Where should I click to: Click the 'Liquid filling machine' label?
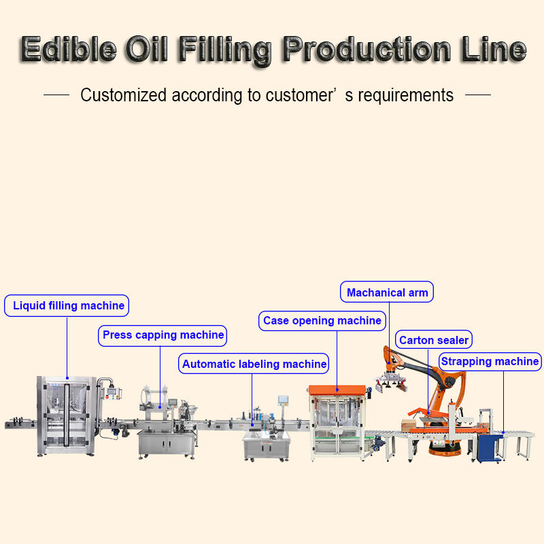(x=67, y=305)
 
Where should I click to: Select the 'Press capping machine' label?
(x=163, y=335)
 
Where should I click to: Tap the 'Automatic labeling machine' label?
(x=254, y=364)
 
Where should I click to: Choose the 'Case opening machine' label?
(x=322, y=320)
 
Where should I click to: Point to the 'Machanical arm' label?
(x=387, y=292)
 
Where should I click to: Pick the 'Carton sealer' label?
(x=434, y=339)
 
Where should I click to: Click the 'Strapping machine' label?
(x=490, y=362)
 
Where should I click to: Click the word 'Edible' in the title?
(x=69, y=49)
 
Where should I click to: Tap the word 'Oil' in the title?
(x=147, y=49)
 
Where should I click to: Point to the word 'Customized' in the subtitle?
(x=123, y=95)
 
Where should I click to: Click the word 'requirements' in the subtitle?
(x=405, y=95)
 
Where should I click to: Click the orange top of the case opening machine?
(x=337, y=390)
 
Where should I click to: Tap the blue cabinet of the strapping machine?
(x=489, y=447)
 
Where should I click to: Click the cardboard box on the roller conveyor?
(x=409, y=426)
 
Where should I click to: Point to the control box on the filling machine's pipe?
(x=111, y=393)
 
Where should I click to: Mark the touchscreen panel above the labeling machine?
(x=283, y=400)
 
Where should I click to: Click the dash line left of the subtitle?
(x=56, y=95)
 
